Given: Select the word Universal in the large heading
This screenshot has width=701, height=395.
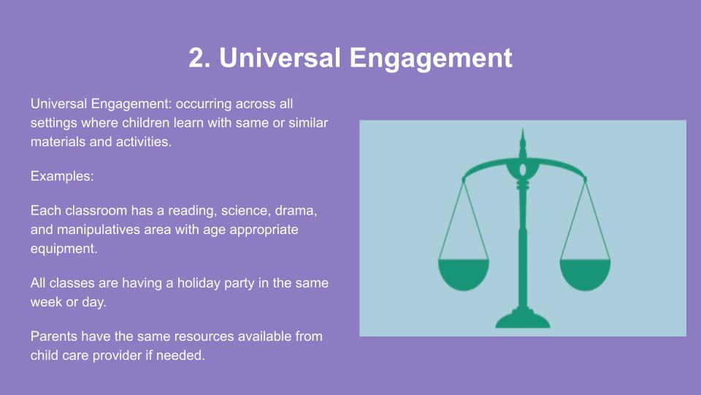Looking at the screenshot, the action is (280, 58).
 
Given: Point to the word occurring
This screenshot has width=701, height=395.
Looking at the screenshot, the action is (204, 105).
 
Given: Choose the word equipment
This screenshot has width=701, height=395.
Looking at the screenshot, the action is (64, 249).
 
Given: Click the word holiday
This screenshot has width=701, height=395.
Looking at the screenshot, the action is (199, 283).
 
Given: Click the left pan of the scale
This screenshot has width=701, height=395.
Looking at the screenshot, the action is (464, 274).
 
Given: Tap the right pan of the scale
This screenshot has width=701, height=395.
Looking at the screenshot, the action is (585, 274).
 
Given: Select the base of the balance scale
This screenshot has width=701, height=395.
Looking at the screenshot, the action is (523, 319).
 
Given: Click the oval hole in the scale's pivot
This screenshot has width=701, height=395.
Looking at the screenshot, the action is (523, 170).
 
